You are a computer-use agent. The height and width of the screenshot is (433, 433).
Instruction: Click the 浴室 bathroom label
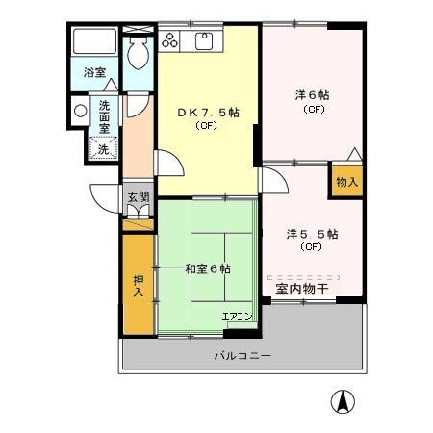93,72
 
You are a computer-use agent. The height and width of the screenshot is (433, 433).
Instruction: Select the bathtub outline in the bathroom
94,43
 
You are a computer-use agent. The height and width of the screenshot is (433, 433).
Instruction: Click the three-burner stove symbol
170,40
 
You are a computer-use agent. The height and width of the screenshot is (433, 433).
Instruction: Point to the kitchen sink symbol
204,40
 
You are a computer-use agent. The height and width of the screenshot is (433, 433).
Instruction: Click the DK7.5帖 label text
208,113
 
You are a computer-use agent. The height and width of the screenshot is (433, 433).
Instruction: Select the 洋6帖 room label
312,95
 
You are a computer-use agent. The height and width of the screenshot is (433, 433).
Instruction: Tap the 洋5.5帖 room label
311,233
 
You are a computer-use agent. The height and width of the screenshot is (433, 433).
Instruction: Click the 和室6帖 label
208,269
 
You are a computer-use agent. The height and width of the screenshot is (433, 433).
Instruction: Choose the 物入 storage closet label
346,181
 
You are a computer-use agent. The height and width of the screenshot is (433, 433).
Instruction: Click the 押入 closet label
139,287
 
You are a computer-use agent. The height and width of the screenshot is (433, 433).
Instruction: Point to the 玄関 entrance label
139,199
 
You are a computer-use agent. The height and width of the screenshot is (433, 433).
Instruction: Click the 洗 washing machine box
102,148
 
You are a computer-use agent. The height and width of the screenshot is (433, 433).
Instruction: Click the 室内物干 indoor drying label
302,288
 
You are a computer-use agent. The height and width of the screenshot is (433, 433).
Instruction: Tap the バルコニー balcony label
242,355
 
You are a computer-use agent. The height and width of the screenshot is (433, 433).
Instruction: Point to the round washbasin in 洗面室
80,110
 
